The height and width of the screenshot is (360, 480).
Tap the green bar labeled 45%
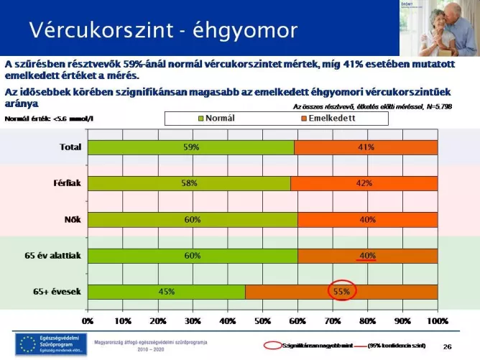(166, 292)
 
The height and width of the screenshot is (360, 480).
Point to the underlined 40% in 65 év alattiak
(367, 256)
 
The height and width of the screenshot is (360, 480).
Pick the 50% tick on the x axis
(262, 321)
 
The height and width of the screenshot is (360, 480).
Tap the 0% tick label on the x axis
(88, 321)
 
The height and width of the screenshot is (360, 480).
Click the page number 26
(447, 346)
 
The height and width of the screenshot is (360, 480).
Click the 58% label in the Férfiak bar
(189, 183)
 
